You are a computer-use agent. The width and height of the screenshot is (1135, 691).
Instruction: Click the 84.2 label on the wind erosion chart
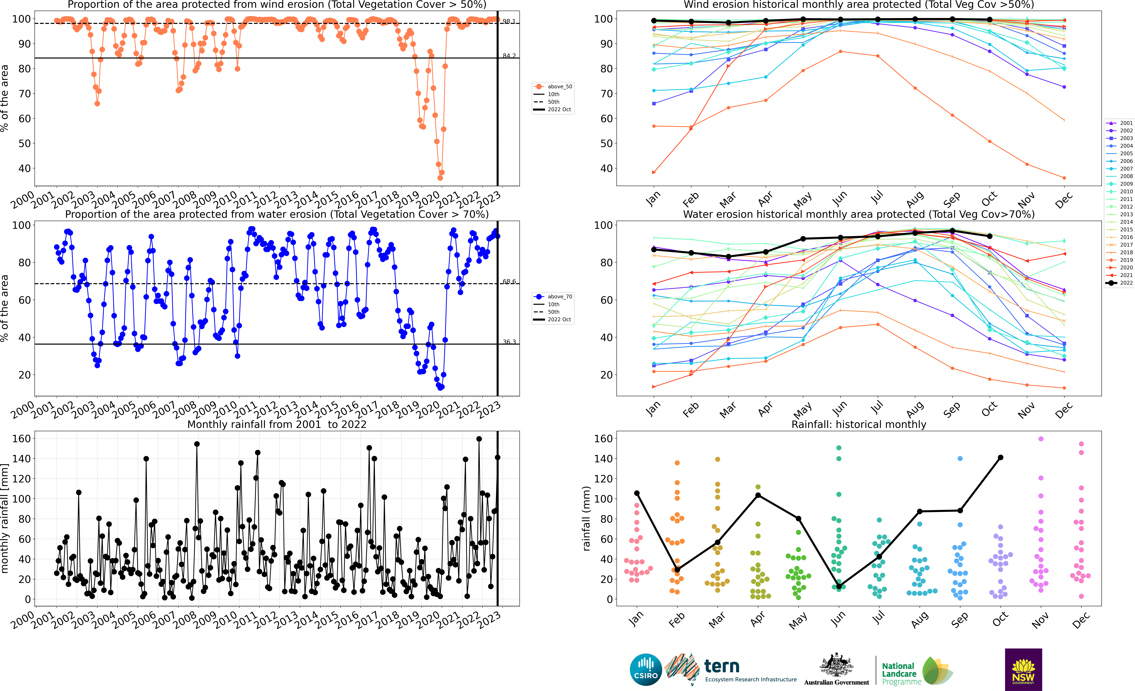[509, 56]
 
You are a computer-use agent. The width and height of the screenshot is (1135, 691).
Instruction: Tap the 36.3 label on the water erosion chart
[509, 342]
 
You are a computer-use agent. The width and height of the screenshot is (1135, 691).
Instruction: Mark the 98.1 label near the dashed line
[509, 21]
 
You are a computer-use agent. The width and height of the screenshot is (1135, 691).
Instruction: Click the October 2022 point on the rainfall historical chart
[1000, 457]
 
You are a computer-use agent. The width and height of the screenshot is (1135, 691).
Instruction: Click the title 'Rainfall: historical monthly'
[859, 424]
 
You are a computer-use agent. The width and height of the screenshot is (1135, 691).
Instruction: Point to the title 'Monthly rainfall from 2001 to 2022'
[277, 424]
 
